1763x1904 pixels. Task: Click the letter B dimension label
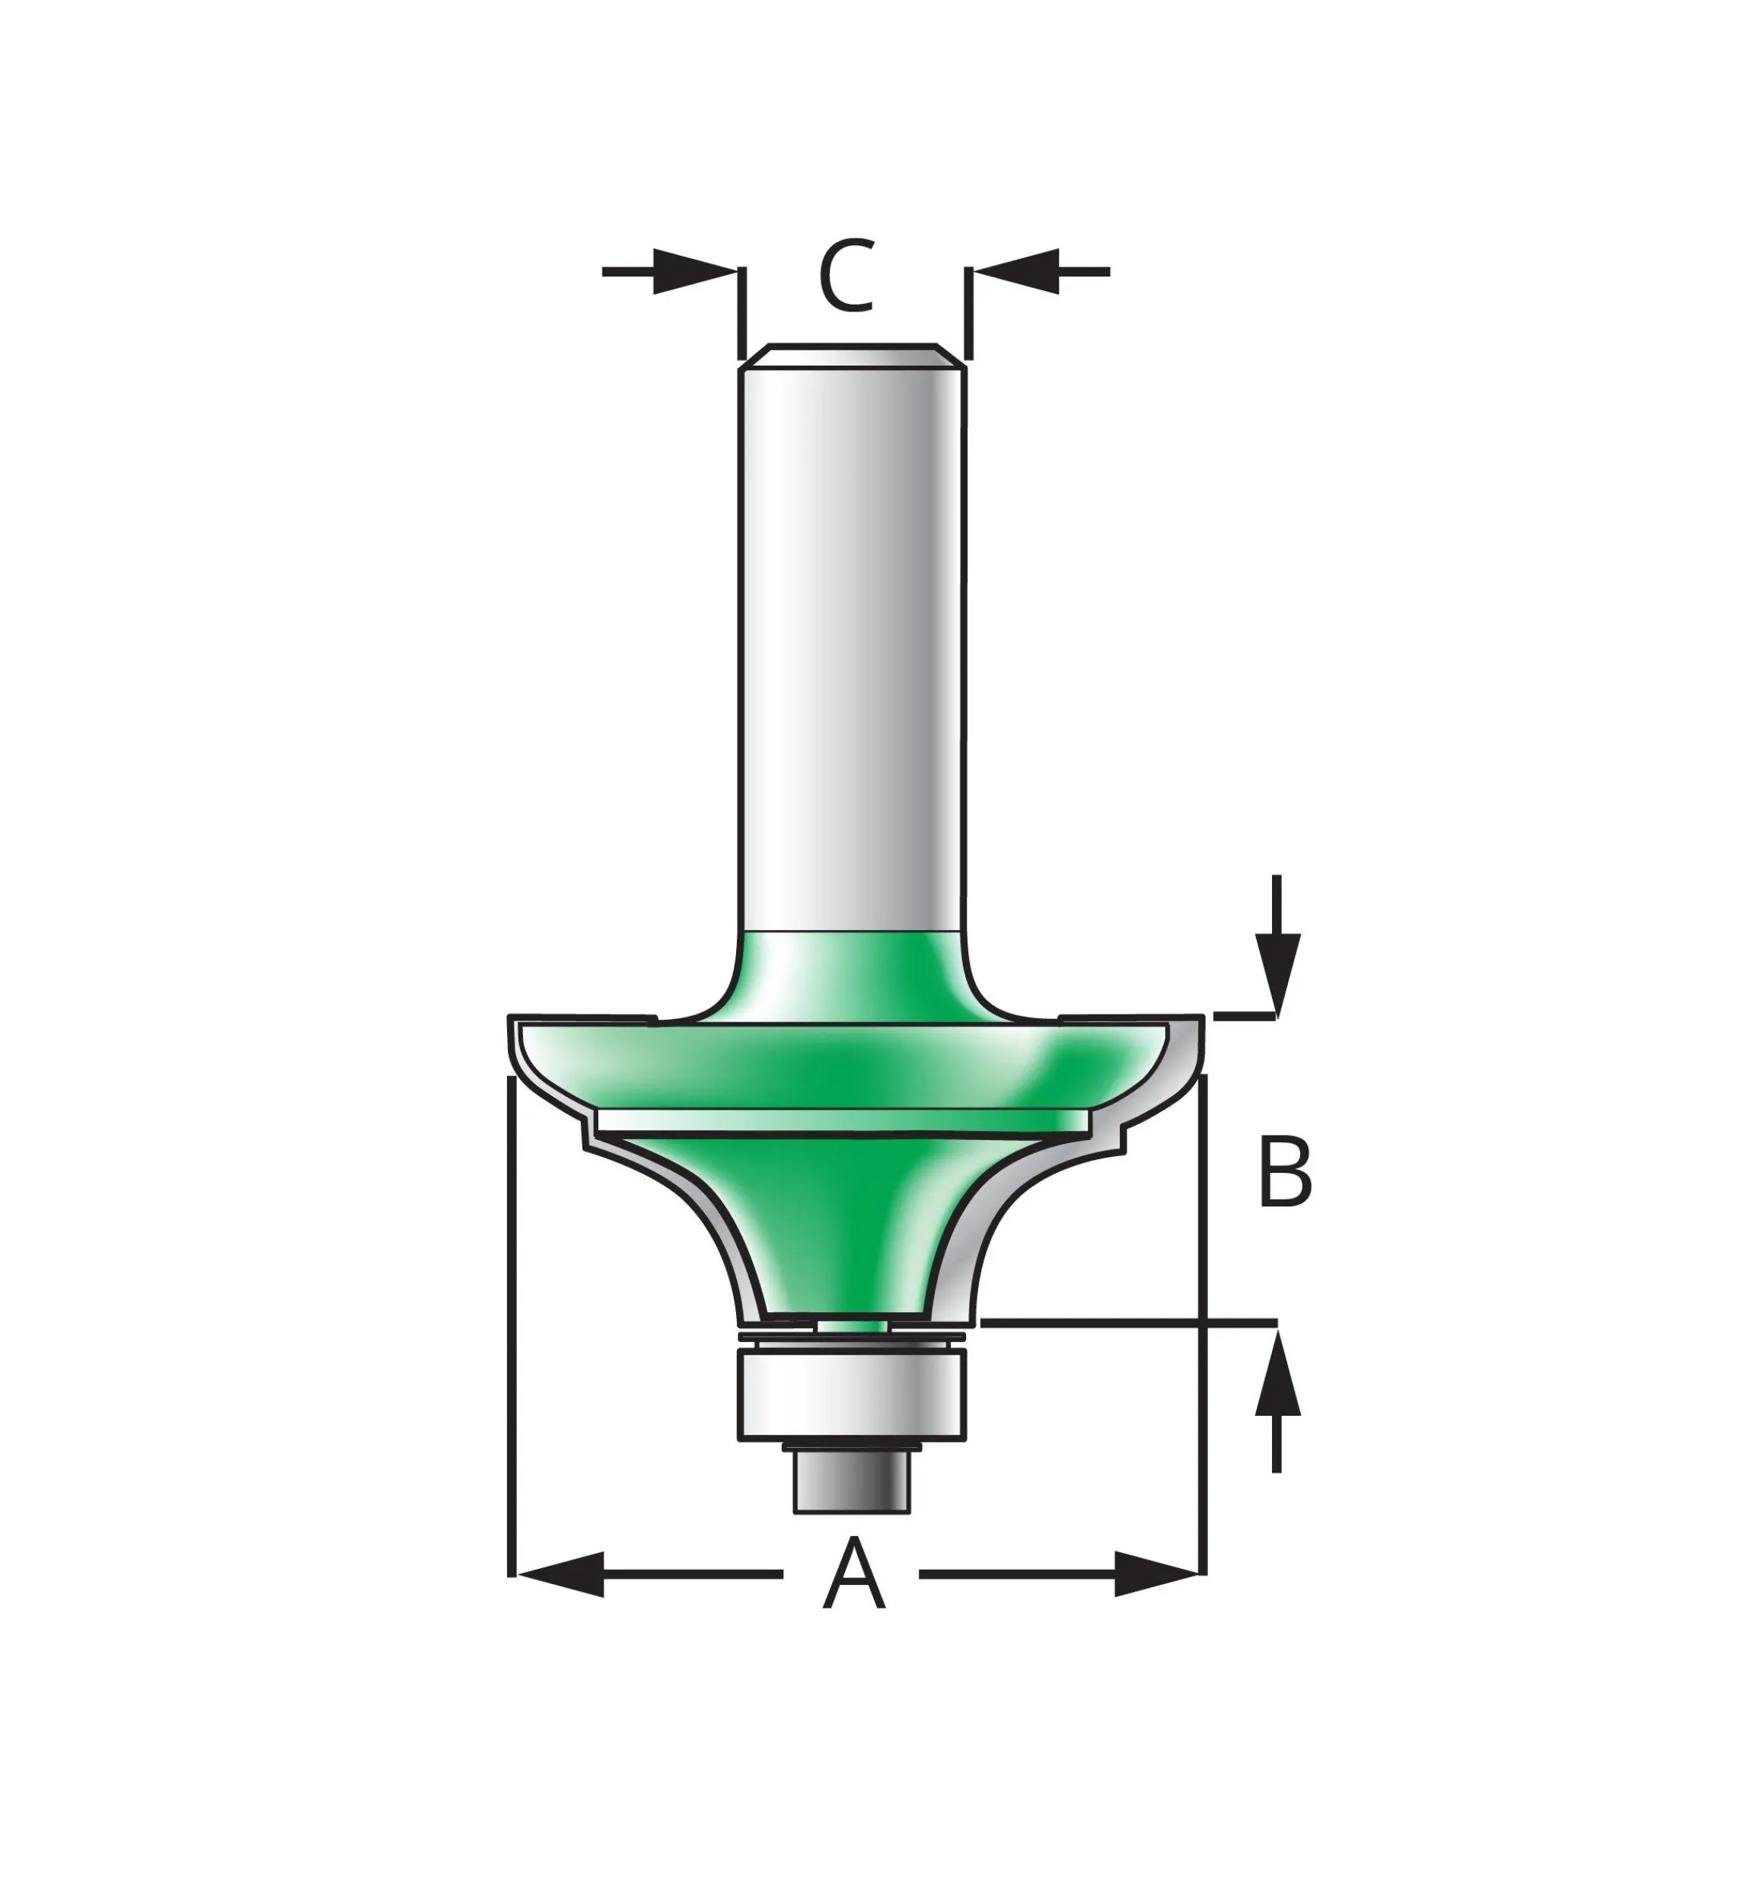point(1285,1171)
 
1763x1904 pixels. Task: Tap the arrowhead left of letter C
point(696,272)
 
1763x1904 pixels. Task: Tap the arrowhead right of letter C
point(1015,272)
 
